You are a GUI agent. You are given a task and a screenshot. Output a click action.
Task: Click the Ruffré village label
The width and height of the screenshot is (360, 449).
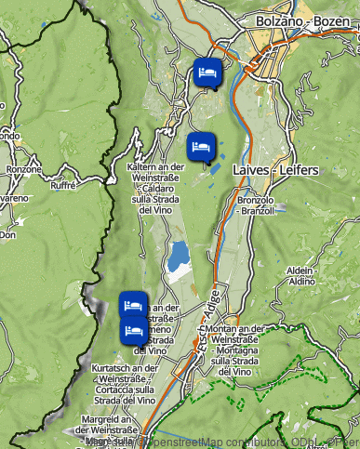coord(62,185)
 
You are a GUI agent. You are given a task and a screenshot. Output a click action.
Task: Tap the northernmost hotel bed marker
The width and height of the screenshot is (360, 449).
coord(207,72)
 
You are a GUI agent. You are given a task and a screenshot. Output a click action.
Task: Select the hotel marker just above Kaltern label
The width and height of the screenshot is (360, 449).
coord(201,146)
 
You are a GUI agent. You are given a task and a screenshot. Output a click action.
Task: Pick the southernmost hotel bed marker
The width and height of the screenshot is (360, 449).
coord(134,329)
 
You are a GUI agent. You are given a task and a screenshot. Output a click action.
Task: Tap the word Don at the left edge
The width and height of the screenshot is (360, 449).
coord(7,235)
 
